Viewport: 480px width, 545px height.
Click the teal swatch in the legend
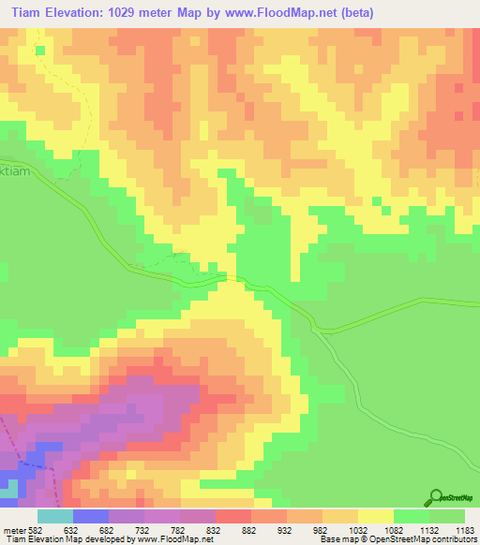(x=54, y=516)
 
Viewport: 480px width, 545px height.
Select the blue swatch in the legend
(x=90, y=516)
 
